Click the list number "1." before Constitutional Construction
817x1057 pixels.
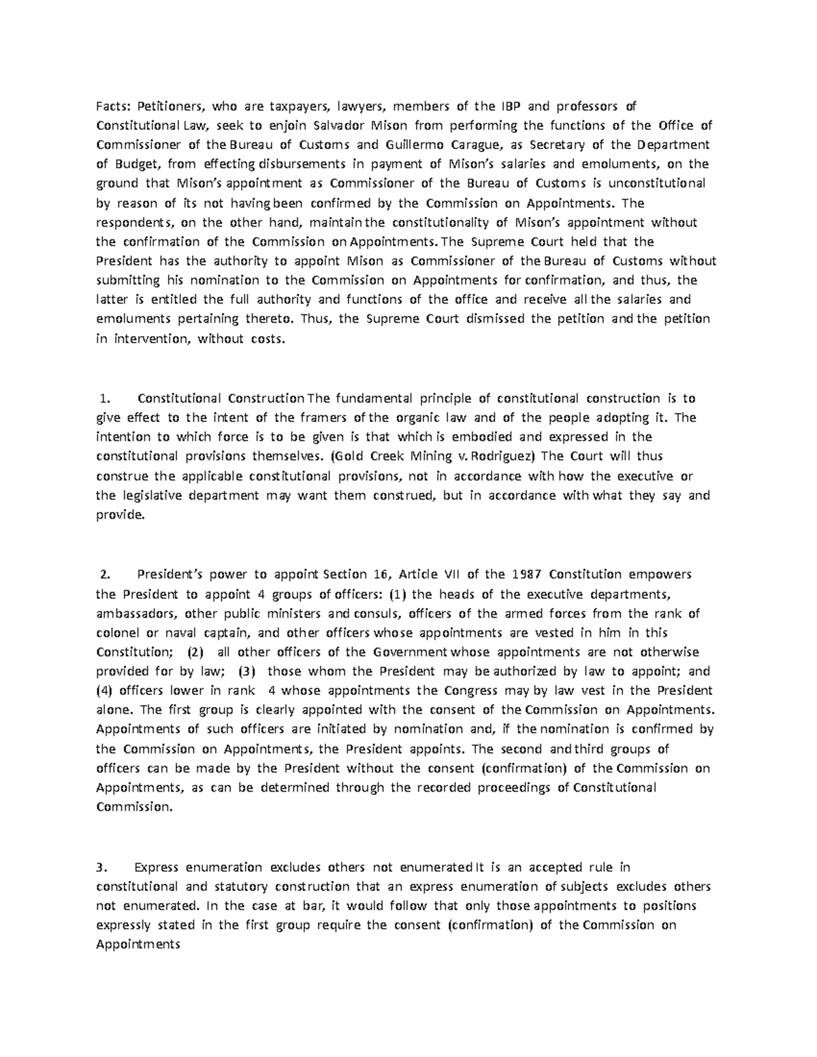click(x=104, y=398)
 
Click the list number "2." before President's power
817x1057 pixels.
click(x=104, y=574)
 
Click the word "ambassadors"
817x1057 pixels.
click(x=134, y=613)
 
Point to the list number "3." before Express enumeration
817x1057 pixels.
click(x=102, y=868)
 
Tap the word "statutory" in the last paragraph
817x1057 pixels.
click(x=243, y=887)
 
